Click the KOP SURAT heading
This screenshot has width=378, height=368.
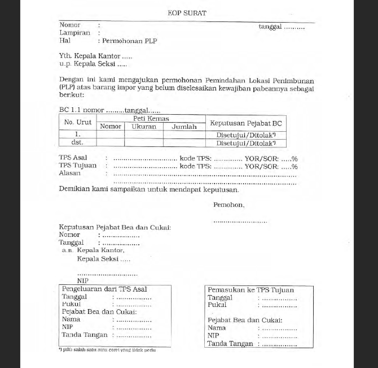187,13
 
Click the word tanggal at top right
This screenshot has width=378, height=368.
270,26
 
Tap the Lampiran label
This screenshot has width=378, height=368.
74,33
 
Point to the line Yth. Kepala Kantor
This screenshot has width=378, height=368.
95,57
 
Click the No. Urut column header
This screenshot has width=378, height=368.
78,123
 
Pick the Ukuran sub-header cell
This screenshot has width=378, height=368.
144,127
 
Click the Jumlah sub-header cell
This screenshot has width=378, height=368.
184,127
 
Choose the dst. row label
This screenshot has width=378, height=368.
77,143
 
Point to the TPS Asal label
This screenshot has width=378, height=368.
73,158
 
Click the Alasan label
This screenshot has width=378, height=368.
70,174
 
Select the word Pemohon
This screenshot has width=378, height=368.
228,205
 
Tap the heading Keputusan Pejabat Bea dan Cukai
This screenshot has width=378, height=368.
115,227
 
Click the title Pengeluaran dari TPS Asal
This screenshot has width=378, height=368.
104,289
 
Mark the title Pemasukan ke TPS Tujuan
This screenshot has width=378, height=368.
251,290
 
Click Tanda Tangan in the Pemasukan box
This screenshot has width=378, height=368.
230,344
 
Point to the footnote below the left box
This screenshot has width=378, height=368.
107,350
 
